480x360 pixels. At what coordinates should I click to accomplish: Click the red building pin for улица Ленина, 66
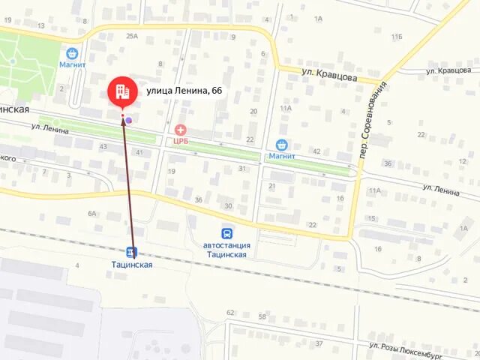tap(122, 91)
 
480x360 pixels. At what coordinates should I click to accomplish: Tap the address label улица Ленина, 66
tap(184, 91)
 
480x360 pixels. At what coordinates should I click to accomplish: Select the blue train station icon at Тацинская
tap(132, 252)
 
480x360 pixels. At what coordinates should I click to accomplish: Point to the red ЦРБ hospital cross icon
tap(181, 130)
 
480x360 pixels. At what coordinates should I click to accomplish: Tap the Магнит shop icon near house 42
tap(282, 145)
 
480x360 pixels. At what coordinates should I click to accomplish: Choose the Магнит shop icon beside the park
tap(72, 53)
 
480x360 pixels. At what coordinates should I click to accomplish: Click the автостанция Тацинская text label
tap(226, 250)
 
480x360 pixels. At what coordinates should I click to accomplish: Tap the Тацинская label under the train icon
tap(132, 265)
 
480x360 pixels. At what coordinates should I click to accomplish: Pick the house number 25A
tap(132, 35)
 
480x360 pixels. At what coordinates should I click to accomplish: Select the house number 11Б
tap(396, 36)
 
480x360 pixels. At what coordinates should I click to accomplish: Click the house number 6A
tap(92, 213)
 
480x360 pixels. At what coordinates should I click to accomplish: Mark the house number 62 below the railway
tap(230, 313)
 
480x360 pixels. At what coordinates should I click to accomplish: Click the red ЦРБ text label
tap(181, 140)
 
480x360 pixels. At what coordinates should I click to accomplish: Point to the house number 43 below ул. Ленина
tap(103, 145)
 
